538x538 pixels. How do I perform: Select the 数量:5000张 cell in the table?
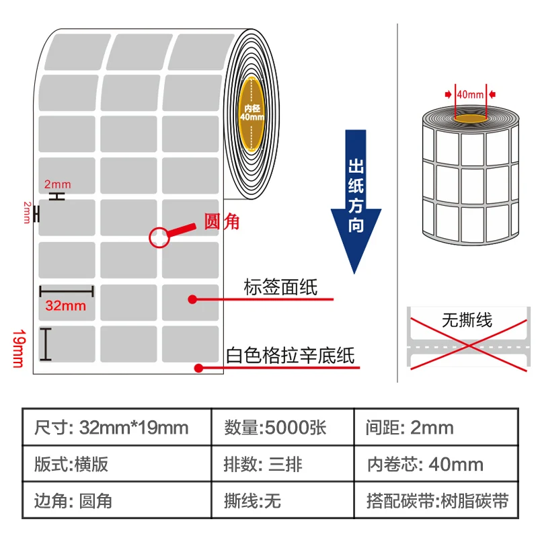282,427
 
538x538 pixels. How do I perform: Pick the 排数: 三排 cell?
282,464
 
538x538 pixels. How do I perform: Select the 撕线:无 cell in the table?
282,501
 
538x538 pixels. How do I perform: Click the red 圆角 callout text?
221,221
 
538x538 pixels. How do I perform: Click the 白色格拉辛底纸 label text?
291,354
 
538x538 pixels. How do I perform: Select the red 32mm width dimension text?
65,305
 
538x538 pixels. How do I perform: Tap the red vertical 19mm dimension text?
18,348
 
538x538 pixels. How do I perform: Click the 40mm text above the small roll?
470,95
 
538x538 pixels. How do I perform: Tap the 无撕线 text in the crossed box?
467,319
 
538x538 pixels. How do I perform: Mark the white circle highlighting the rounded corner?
159,237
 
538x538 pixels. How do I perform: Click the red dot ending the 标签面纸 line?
192,299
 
